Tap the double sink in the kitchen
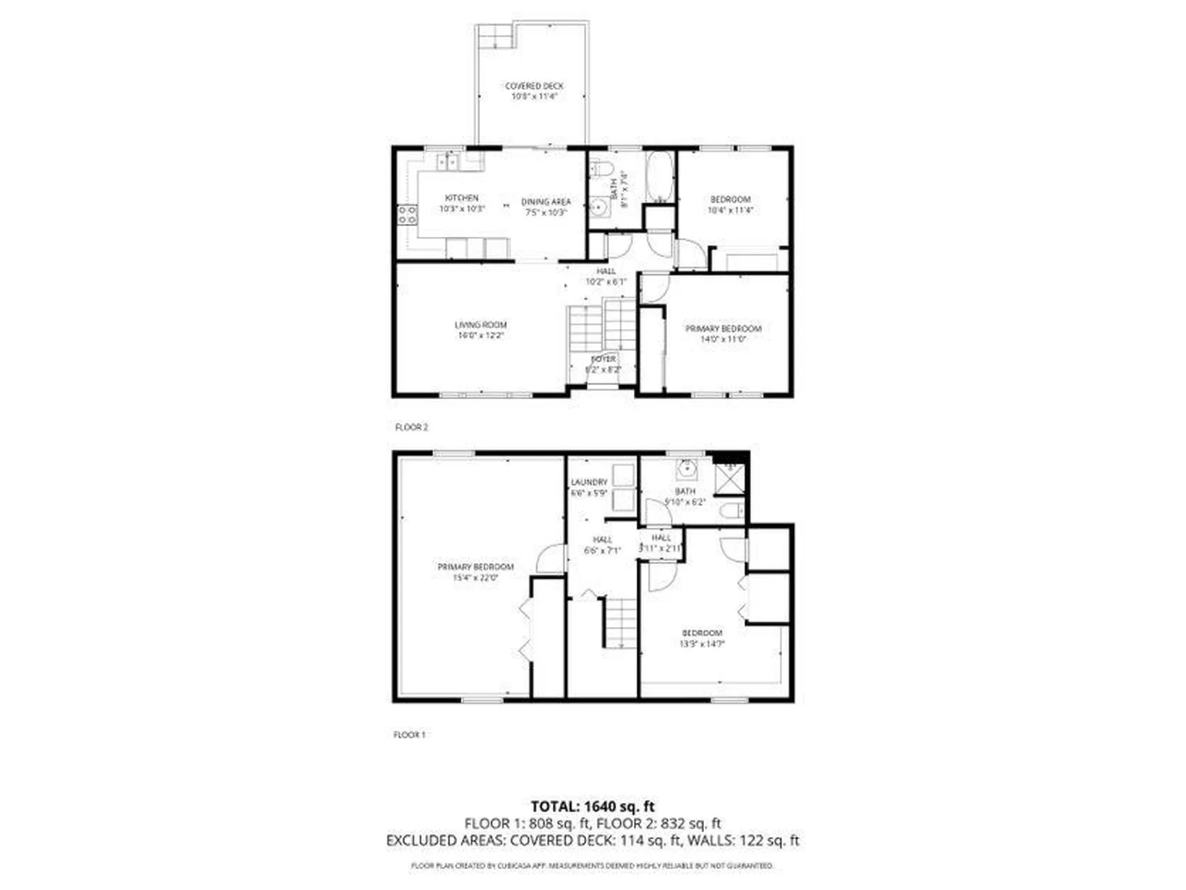[x=447, y=162]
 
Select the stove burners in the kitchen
[x=406, y=215]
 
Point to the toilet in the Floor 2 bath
[x=601, y=168]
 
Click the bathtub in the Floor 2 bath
[x=660, y=177]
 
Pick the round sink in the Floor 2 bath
[x=599, y=207]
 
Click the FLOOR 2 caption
[x=411, y=427]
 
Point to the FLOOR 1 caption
[x=410, y=734]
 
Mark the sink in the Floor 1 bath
[x=687, y=469]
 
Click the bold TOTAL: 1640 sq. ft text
[x=592, y=807]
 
